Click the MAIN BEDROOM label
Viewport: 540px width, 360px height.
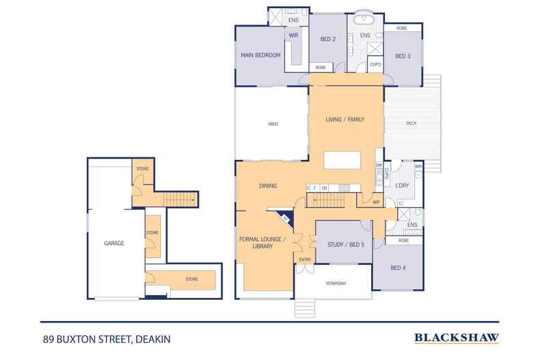coord(260,55)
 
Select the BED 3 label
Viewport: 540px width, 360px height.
coord(402,56)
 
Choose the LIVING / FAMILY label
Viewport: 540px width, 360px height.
coord(345,119)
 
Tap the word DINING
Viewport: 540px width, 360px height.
coord(268,185)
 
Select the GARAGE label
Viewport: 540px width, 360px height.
coord(113,243)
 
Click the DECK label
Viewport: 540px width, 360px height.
coord(411,124)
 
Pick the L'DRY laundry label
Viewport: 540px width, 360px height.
coord(401,185)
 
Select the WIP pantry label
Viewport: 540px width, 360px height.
coord(376,202)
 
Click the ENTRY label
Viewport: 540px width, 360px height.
coord(305,259)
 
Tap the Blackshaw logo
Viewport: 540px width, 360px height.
coord(457,337)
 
